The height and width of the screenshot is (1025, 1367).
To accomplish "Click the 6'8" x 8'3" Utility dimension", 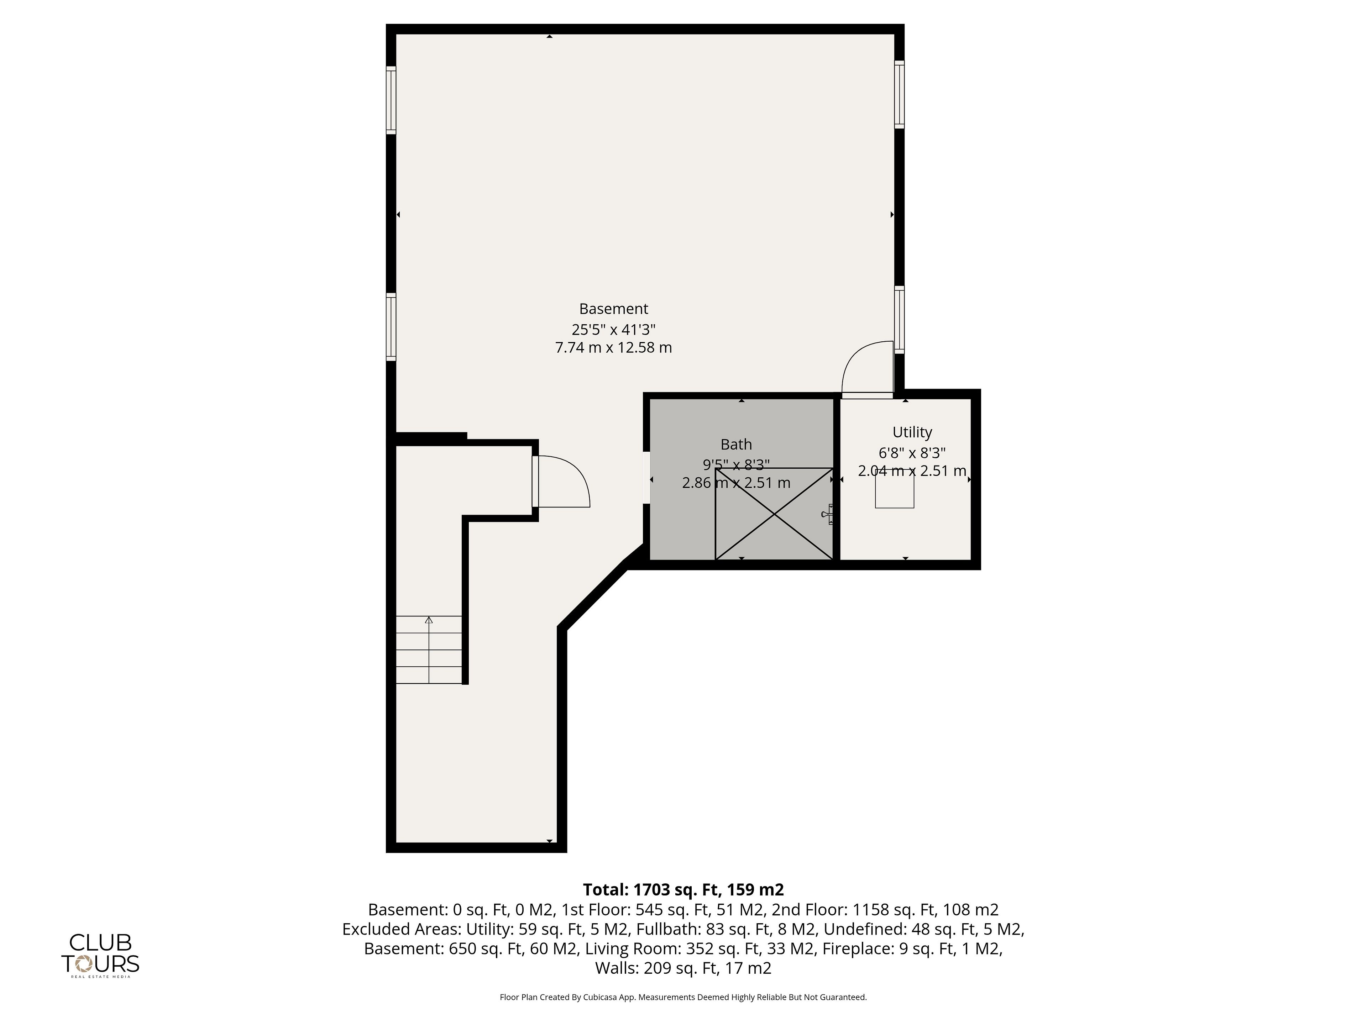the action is pyautogui.click(x=912, y=453).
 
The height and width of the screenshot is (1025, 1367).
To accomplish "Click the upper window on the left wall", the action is pyautogui.click(x=391, y=100).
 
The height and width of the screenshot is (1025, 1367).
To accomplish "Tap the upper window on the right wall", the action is pyautogui.click(x=899, y=95).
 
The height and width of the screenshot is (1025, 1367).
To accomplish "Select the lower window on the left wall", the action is pyautogui.click(x=391, y=327).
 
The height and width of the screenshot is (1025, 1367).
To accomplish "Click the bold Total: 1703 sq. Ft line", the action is pyautogui.click(x=683, y=890).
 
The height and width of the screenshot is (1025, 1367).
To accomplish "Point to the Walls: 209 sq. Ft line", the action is pyautogui.click(x=683, y=968).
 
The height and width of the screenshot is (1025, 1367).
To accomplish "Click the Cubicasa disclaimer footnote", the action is pyautogui.click(x=683, y=997).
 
